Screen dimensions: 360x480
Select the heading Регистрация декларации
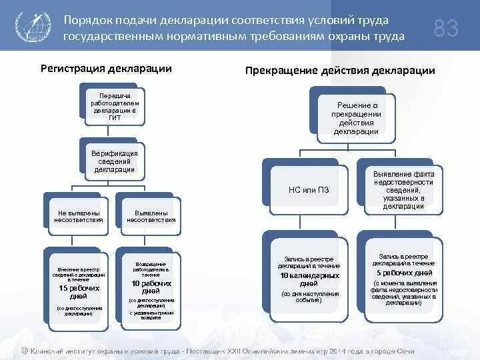pyautogui.click(x=106, y=69)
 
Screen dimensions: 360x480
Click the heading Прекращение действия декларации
pyautogui.click(x=340, y=70)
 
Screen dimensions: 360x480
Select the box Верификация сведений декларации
pyautogui.click(x=115, y=161)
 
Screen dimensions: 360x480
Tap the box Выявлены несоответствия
pyautogui.click(x=151, y=216)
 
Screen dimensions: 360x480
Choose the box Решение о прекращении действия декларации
pyautogui.click(x=357, y=118)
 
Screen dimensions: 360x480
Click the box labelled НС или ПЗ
pyautogui.click(x=309, y=190)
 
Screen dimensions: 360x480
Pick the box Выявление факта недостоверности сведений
pyautogui.click(x=404, y=190)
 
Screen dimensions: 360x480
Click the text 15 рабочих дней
pyautogui.click(x=79, y=291)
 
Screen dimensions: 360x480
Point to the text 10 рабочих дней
pyautogui.click(x=151, y=287)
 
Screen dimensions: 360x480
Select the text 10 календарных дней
pyautogui.click(x=309, y=279)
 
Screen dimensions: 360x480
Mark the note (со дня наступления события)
pyautogui.click(x=309, y=297)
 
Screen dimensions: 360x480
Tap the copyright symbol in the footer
pyautogui.click(x=24, y=350)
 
